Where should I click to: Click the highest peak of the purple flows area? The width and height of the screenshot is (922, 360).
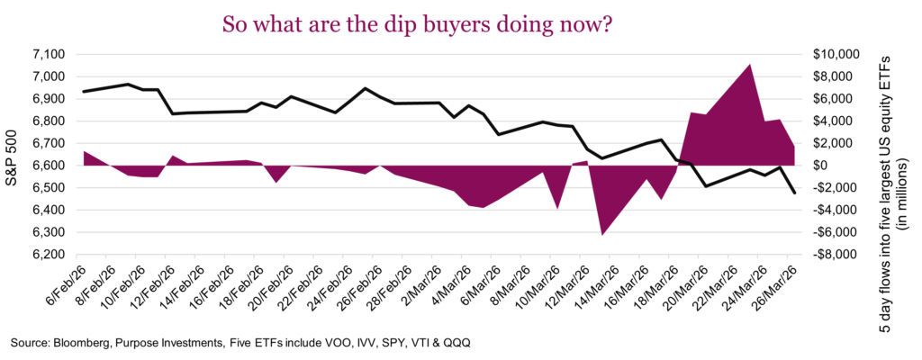(750, 65)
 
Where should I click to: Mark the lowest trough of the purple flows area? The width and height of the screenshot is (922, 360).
(602, 235)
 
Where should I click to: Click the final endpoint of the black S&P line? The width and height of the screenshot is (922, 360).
(794, 193)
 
